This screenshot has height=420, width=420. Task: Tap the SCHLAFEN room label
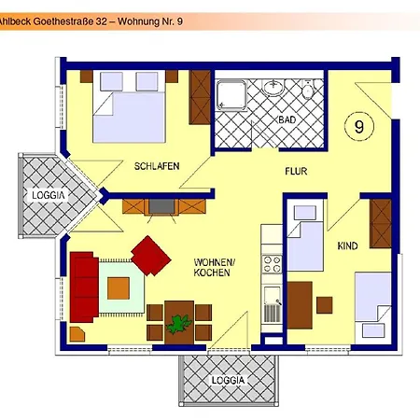(156, 166)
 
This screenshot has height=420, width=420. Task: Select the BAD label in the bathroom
(287, 121)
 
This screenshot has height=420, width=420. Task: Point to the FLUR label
(296, 172)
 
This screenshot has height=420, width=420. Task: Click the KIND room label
(347, 245)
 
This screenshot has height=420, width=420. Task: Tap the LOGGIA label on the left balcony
(48, 195)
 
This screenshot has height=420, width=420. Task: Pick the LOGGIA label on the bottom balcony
(228, 381)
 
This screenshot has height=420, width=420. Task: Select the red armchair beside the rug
(149, 253)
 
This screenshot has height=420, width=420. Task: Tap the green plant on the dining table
(178, 324)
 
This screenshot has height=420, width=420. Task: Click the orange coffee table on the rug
(118, 288)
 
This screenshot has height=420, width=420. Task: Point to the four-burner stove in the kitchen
(272, 262)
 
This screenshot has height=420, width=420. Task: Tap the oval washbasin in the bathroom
(273, 89)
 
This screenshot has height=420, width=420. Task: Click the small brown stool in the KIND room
(324, 304)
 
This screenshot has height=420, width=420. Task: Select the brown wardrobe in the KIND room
(381, 223)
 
